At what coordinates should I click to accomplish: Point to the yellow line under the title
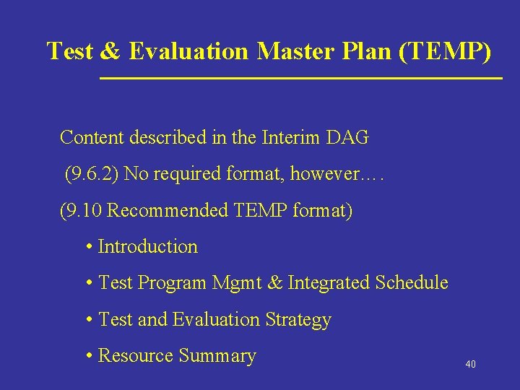tap(300, 77)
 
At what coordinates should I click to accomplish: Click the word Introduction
tap(147, 247)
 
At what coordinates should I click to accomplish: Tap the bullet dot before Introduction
tap(88, 248)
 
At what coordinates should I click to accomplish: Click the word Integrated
tap(329, 283)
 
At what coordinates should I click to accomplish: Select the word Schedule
tap(412, 283)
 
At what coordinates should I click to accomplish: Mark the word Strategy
tap(298, 320)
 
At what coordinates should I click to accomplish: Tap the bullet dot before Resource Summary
tap(88, 357)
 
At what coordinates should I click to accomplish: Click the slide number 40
tap(470, 365)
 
